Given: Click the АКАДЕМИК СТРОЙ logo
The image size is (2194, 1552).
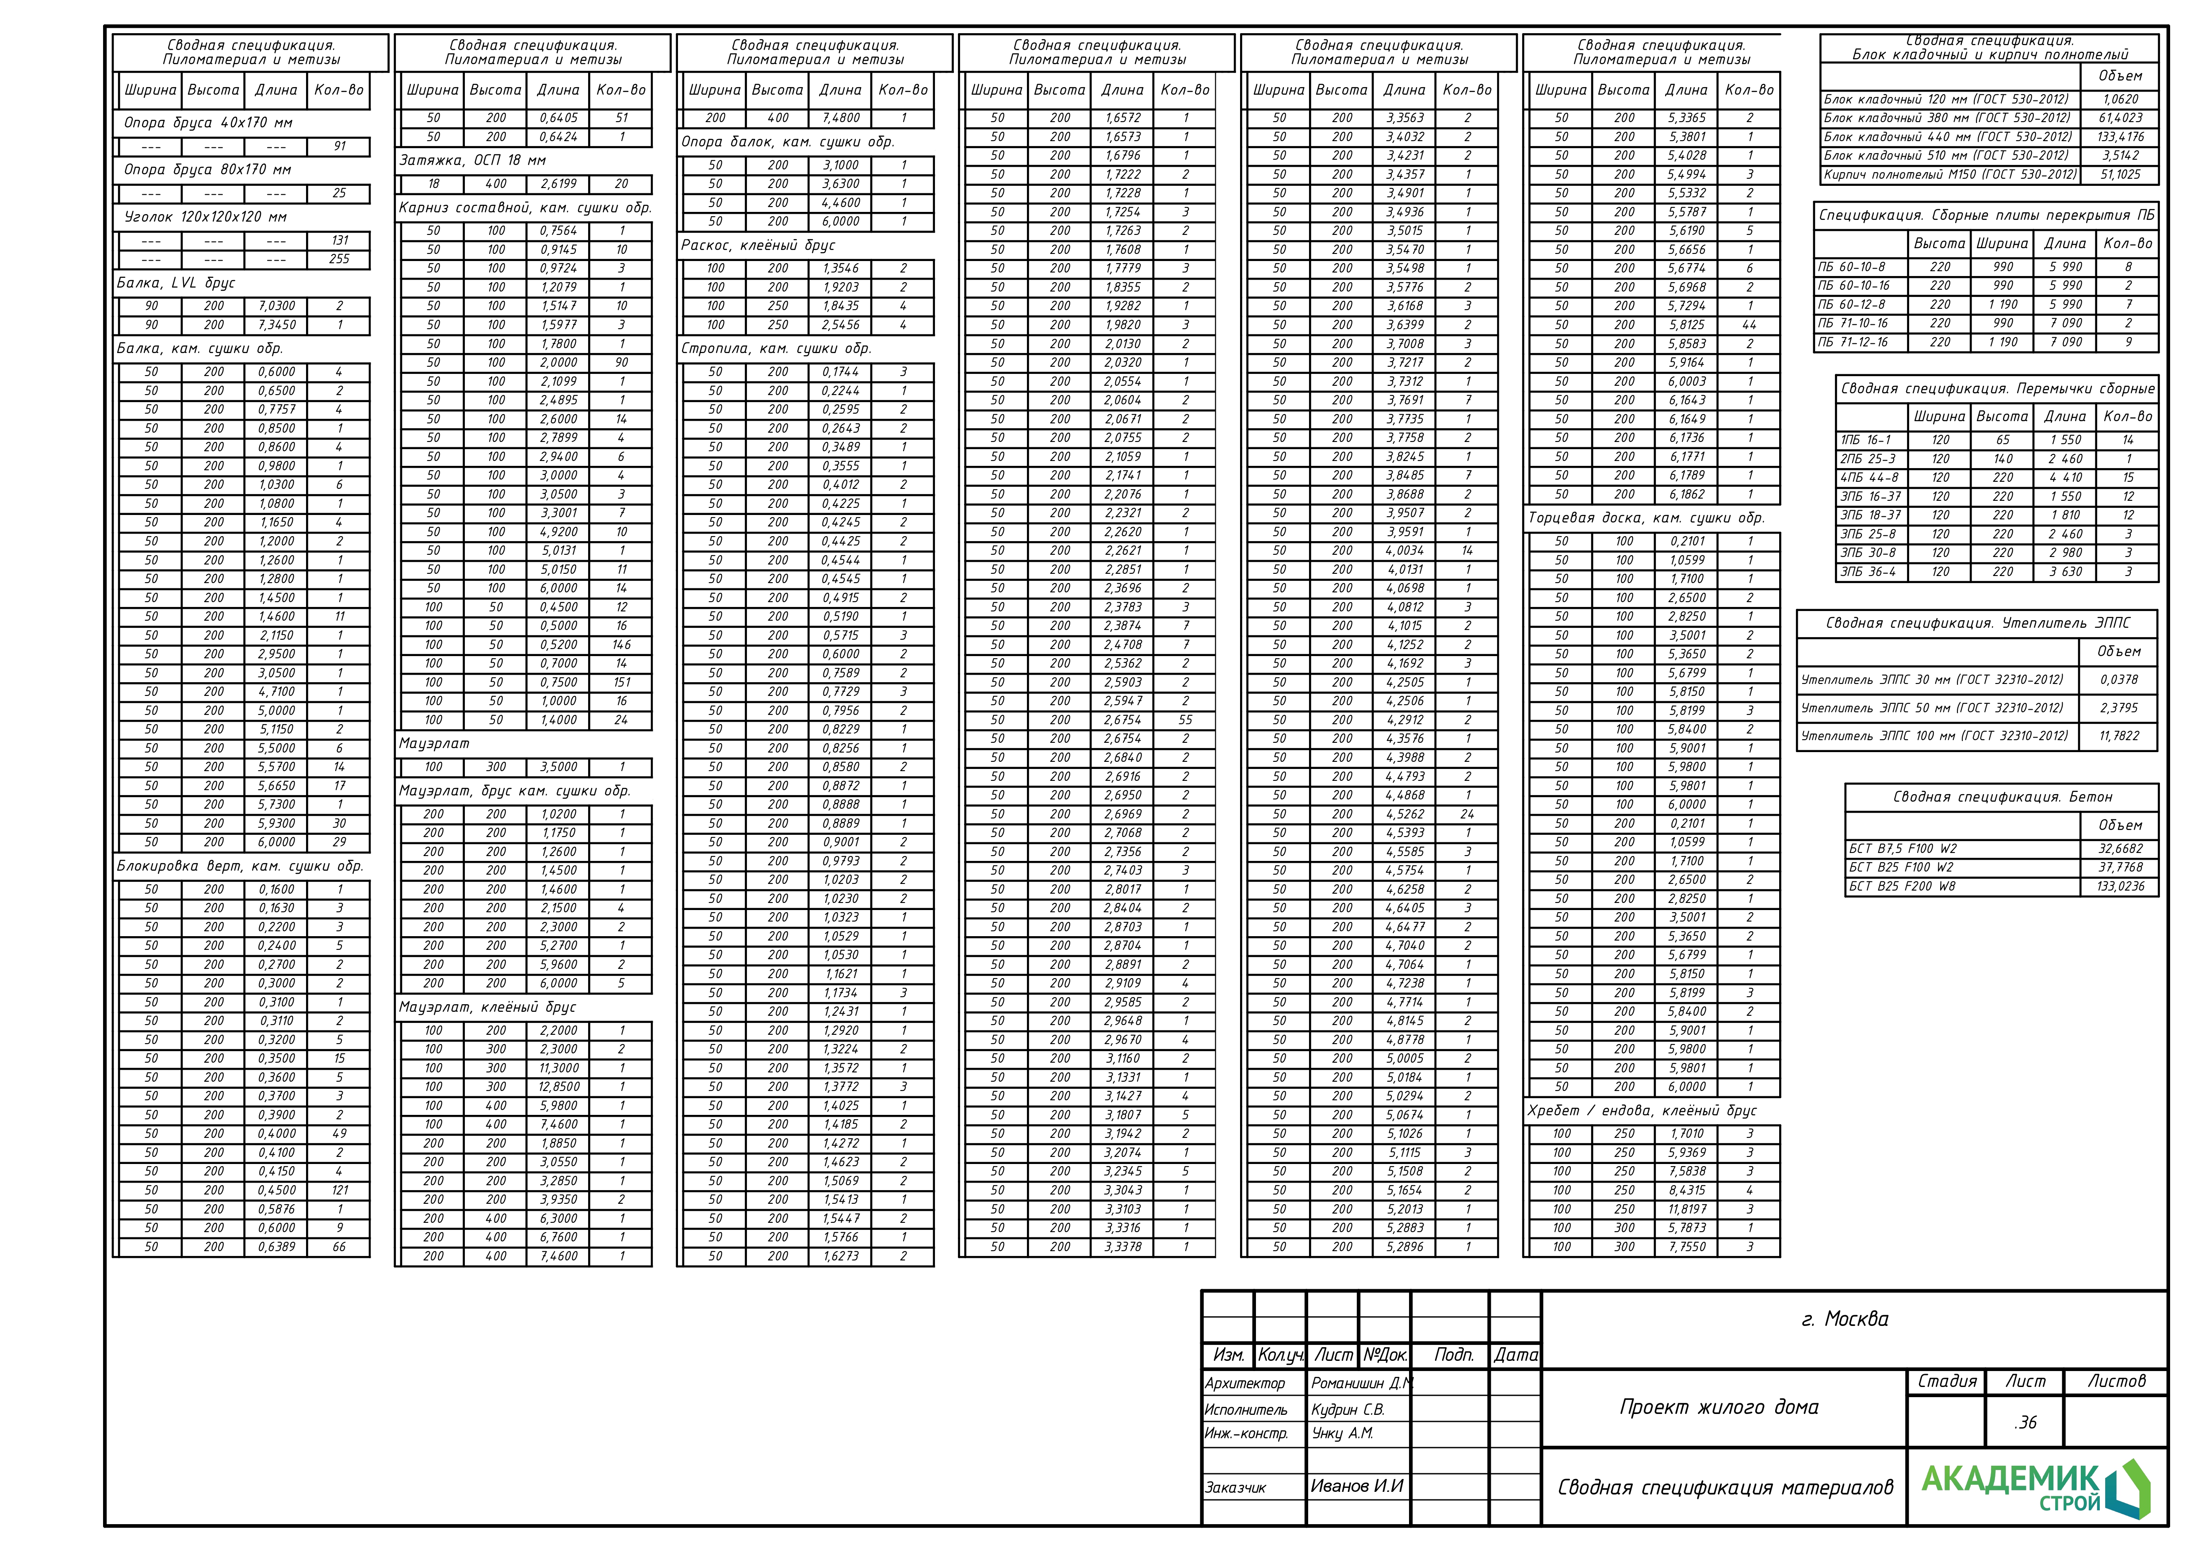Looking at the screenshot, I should pos(2035,1488).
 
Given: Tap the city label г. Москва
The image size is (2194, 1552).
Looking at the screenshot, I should pos(1844,1319).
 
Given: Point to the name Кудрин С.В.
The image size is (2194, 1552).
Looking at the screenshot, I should pos(1348,1410).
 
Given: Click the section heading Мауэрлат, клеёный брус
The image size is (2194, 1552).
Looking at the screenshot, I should pos(487,1007).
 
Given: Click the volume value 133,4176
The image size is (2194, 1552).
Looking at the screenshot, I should pos(2121,137).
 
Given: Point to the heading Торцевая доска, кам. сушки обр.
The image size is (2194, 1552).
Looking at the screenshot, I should pos(1646,518).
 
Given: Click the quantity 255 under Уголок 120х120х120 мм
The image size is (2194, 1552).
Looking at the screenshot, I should pos(339,259).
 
